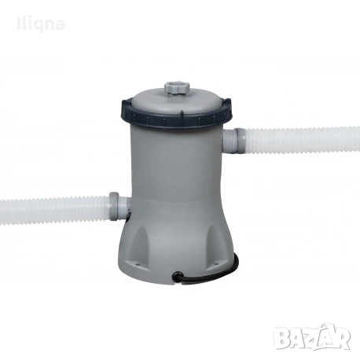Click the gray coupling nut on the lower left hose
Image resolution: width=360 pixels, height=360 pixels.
(116, 205)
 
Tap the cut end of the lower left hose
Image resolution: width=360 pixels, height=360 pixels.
(3, 211)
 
